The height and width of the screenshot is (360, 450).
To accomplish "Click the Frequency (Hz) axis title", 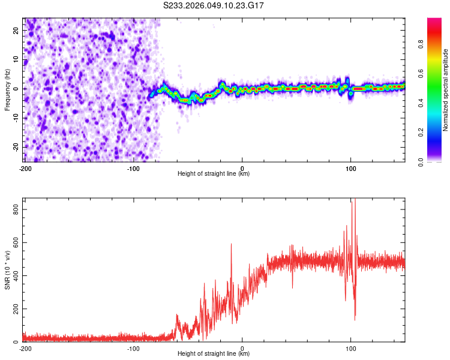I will (7, 90).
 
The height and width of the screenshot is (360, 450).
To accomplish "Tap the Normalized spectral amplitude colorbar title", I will (445, 90).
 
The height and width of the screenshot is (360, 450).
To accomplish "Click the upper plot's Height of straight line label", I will (214, 174).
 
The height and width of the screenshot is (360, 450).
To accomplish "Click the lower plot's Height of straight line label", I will (214, 354).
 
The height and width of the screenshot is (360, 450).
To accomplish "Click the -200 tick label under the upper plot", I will (25, 168).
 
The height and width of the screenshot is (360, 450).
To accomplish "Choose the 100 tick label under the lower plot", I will (351, 348).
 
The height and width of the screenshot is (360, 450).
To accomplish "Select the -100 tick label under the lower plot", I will (133, 348).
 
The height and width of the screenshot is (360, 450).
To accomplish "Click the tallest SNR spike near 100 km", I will (355, 201).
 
